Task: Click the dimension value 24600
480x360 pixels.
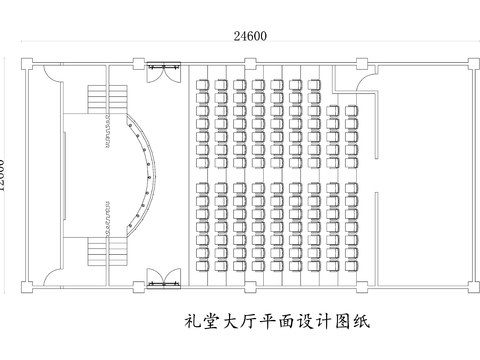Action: (250, 36)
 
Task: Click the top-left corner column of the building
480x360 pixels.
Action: (28, 66)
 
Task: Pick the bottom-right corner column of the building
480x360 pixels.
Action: (467, 288)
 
